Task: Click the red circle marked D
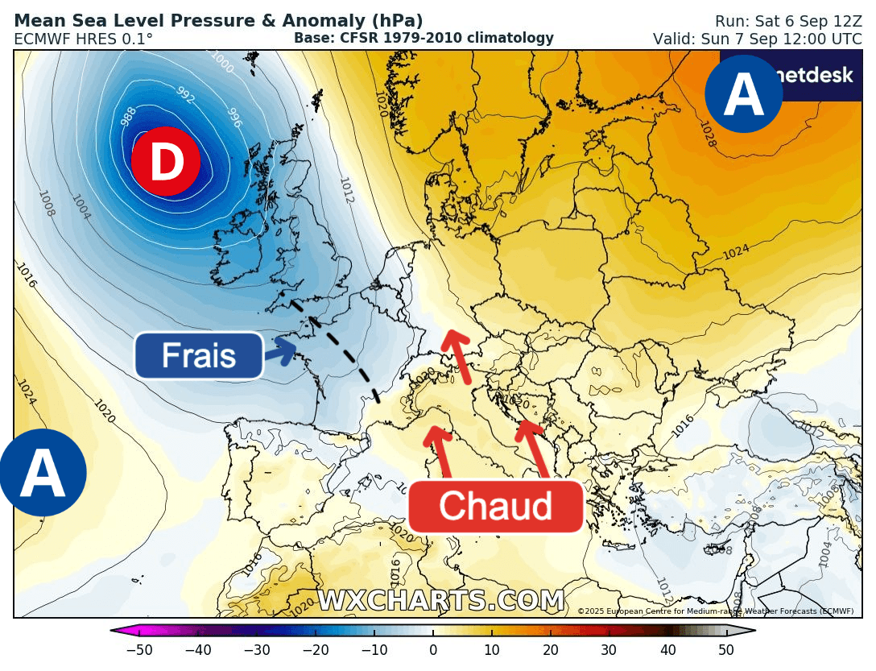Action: point(166,161)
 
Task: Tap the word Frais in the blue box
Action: point(198,355)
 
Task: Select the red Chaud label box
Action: point(495,507)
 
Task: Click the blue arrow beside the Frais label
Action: point(281,351)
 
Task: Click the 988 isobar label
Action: point(128,117)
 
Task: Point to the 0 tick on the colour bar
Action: point(433,650)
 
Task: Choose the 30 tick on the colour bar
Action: point(609,650)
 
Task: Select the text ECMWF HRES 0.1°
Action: point(84,39)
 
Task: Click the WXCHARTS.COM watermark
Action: point(440,601)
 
